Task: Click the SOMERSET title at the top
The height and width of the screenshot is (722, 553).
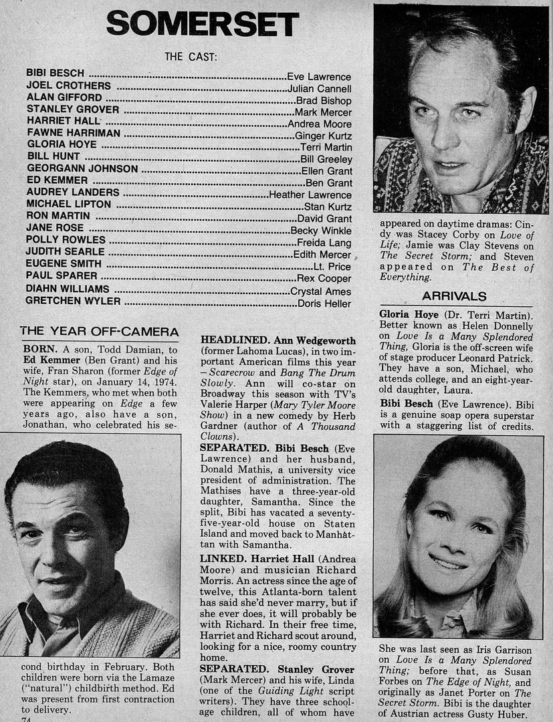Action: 202,25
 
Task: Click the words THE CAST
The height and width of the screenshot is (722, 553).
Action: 191,57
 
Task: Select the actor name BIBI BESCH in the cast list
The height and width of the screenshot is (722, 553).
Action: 56,74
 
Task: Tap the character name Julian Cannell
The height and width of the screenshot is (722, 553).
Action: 319,88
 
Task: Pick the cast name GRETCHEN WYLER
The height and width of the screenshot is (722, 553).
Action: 73,302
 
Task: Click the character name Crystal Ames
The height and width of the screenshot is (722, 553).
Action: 321,291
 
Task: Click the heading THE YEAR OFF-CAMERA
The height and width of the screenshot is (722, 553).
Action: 99,332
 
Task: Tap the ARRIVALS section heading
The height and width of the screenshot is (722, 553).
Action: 454,296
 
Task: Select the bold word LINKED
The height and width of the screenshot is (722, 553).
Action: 223,558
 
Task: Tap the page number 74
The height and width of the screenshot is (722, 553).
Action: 27,719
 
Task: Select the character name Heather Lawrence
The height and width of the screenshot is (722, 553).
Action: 310,195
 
